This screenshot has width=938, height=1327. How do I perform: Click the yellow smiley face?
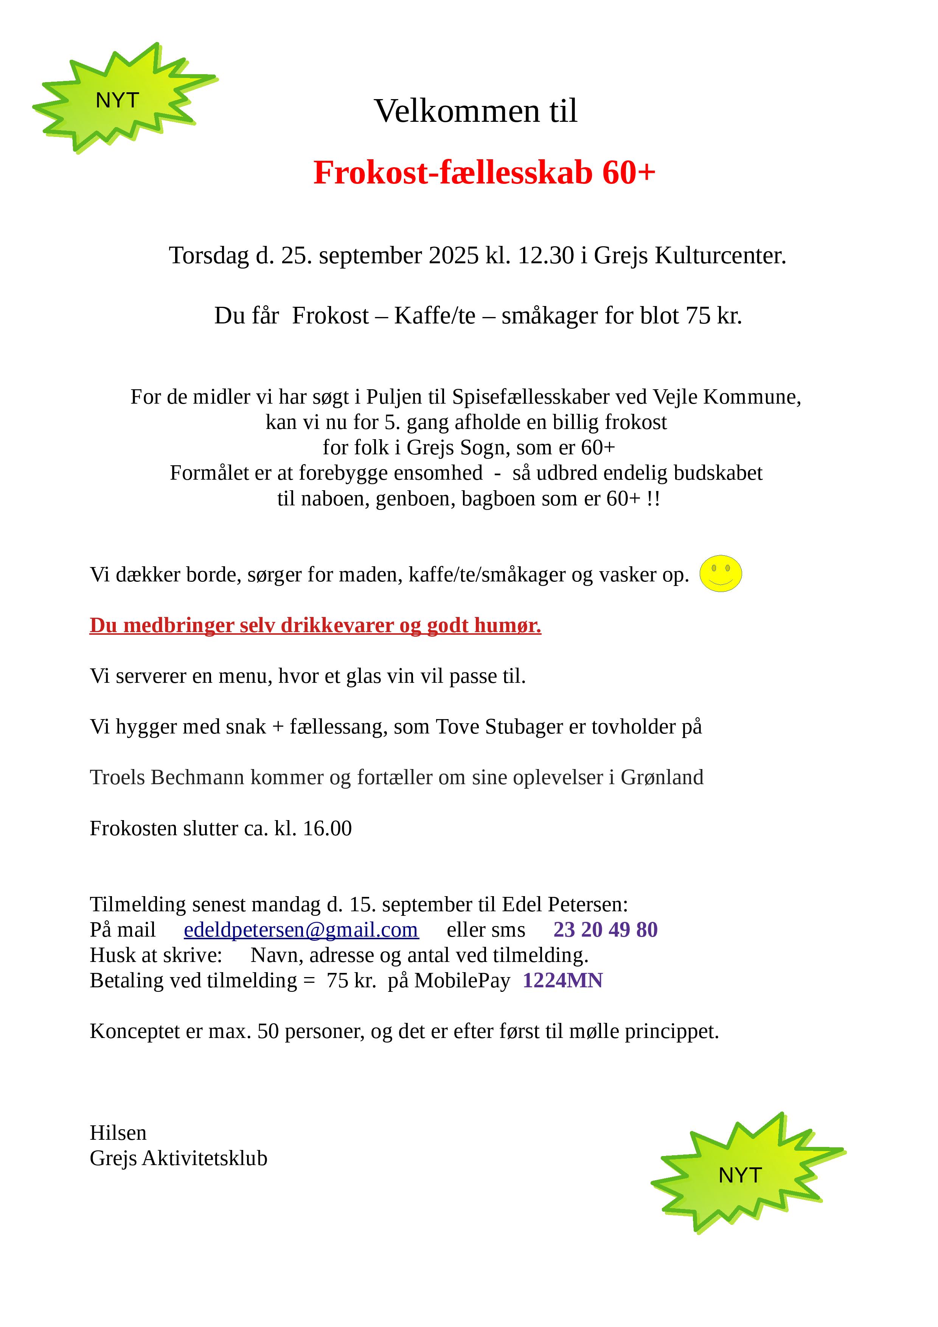click(x=720, y=573)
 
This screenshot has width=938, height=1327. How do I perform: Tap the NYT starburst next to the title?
click(x=118, y=99)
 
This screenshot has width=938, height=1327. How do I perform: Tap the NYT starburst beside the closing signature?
click(x=740, y=1175)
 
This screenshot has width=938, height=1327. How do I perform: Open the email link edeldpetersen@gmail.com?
click(x=301, y=930)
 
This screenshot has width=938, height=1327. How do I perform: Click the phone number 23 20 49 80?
click(x=605, y=930)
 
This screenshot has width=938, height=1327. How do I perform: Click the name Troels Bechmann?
click(x=167, y=777)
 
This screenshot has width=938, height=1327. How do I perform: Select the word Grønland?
click(x=662, y=777)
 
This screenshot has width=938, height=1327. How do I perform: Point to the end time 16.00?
click(x=327, y=828)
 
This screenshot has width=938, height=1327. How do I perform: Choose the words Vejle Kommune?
click(x=727, y=397)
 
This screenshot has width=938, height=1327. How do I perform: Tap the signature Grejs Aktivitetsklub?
click(x=179, y=1158)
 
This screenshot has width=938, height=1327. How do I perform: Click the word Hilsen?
click(x=118, y=1133)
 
